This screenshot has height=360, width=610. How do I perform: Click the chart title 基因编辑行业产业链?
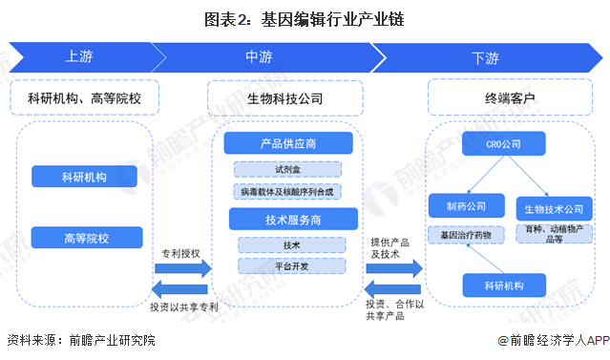[305, 18]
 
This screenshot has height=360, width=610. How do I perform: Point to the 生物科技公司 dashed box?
[284, 97]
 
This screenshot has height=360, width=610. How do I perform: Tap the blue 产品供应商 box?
[288, 144]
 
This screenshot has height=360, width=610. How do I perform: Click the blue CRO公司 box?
[503, 144]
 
